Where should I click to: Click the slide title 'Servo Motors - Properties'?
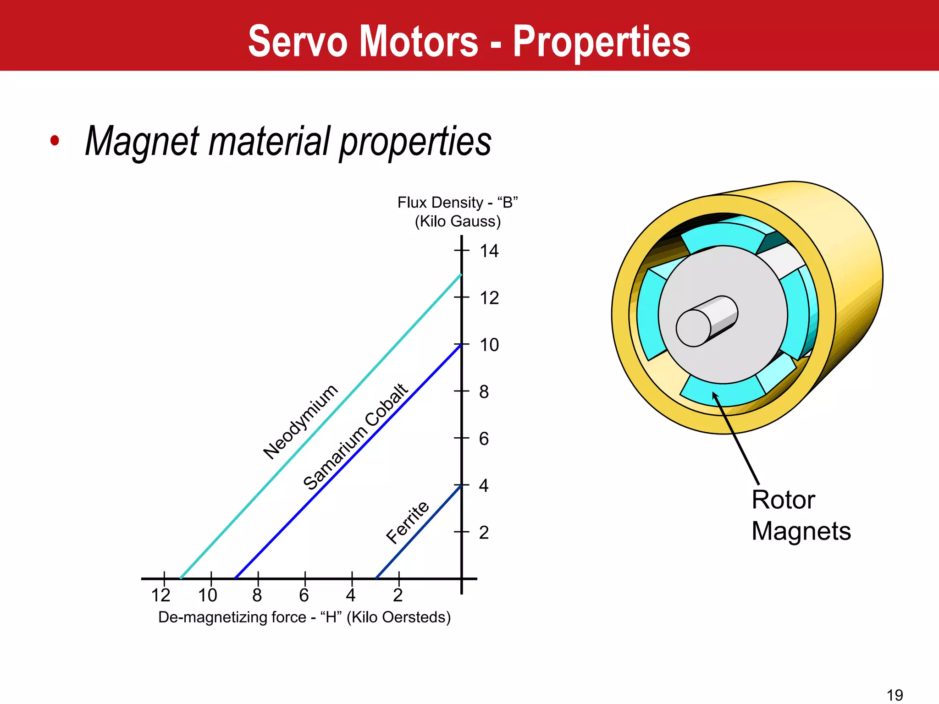pos(469,41)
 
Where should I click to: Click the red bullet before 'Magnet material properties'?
pos(55,141)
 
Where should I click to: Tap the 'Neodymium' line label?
pos(301,422)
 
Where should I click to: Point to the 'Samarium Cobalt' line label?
pos(355,436)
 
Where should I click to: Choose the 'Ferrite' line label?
pos(408,522)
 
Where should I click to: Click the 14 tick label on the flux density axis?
pos(489,251)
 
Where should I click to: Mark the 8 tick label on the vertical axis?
pos(484,392)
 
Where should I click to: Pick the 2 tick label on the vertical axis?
pos(484,533)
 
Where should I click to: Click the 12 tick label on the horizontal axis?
pos(160,595)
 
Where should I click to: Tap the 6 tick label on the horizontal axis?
pos(304,595)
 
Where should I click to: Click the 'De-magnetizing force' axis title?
pos(304,617)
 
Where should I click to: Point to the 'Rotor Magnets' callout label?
pos(801,515)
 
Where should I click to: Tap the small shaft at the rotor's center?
pos(706,321)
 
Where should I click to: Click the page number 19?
pos(895,695)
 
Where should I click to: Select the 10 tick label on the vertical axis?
pos(489,345)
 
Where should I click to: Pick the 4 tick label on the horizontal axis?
pos(351,595)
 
